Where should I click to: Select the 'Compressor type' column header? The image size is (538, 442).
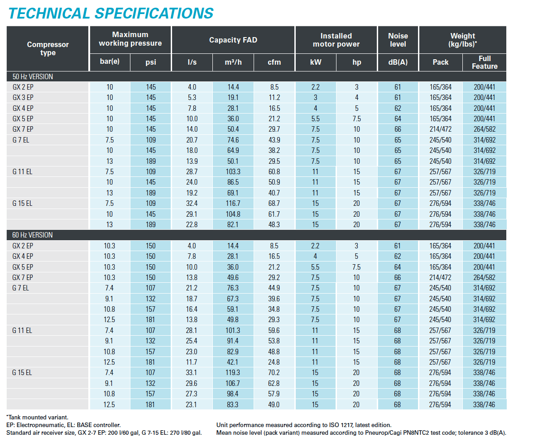(48, 48)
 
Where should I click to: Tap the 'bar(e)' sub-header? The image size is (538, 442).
(110, 62)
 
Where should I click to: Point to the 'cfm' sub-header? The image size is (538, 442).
(274, 62)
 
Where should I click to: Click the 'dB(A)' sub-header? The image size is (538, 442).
(398, 62)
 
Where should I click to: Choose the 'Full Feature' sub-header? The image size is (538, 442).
(484, 62)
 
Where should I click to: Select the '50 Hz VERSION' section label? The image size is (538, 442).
(33, 76)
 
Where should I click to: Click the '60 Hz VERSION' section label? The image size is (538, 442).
(33, 235)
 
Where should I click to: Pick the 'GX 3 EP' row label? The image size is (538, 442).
(23, 97)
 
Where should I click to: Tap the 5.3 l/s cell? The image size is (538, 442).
(192, 97)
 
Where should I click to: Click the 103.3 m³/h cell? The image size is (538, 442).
(233, 171)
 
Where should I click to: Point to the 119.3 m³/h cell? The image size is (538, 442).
(233, 372)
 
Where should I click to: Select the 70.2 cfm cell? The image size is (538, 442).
(274, 372)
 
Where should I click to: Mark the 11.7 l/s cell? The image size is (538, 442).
(192, 362)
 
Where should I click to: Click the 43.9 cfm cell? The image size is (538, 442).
(274, 140)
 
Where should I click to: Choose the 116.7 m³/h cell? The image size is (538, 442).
(233, 203)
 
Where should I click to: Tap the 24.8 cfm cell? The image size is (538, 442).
(274, 362)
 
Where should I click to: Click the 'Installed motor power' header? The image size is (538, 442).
(336, 40)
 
